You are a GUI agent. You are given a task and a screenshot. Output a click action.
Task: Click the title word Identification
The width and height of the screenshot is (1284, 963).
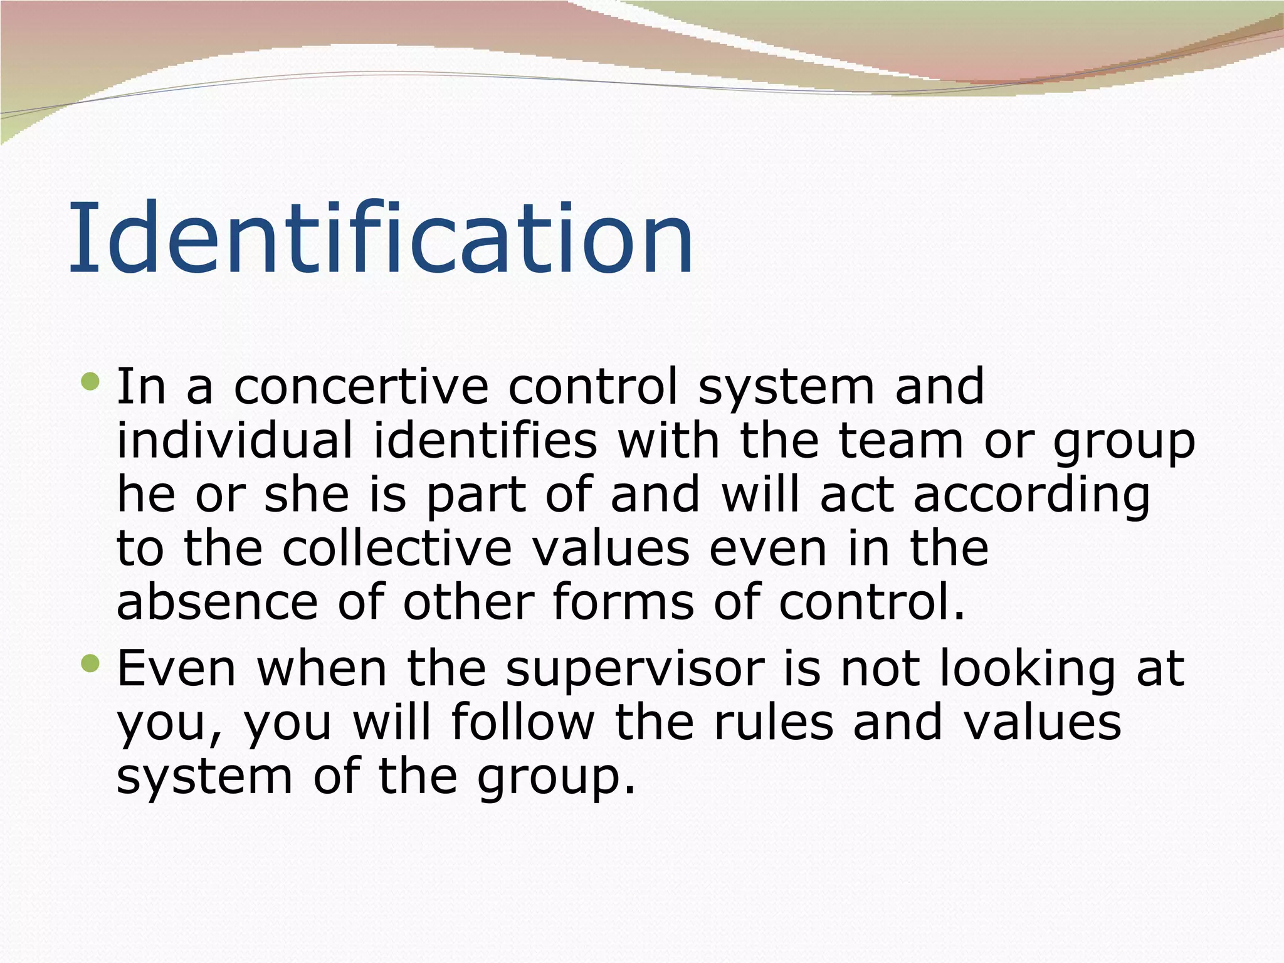(381, 238)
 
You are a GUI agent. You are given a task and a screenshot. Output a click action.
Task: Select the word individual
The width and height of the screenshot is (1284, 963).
(235, 441)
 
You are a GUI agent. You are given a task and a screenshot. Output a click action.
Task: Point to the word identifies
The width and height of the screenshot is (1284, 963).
(485, 441)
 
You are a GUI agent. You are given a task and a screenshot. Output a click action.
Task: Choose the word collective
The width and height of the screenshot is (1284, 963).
(397, 549)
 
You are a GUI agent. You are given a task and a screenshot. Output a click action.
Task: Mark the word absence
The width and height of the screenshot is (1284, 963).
(218, 603)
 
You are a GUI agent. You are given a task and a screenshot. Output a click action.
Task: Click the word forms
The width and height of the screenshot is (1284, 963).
(623, 603)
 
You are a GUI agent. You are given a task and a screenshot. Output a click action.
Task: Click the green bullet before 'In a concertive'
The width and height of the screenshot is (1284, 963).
(90, 381)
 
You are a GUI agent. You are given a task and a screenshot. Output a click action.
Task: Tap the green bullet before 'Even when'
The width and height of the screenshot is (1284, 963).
(90, 663)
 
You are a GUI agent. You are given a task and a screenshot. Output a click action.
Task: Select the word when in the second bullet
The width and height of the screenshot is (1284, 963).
(322, 668)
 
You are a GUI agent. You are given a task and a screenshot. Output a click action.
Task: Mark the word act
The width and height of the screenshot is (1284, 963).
(856, 495)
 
